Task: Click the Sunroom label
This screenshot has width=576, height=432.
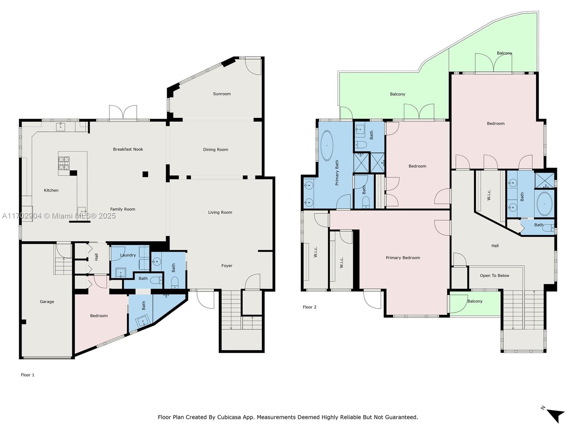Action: coord(222,94)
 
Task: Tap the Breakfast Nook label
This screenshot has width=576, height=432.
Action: coord(128,149)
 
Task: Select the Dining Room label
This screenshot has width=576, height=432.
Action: coord(215,149)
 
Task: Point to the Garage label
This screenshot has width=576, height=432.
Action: coord(47,302)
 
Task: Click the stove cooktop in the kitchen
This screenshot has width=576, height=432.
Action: coord(64,163)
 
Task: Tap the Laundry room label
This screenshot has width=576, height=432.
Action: coord(128,255)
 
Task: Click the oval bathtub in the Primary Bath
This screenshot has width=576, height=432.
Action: coord(327,145)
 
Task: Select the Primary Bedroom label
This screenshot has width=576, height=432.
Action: coord(403,257)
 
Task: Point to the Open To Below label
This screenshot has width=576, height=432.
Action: coord(494,275)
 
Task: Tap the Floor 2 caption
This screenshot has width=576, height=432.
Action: coord(309,307)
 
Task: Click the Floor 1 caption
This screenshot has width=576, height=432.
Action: coord(28,375)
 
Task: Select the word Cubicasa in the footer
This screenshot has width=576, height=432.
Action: coord(229,417)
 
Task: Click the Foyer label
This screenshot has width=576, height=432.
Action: coord(227,266)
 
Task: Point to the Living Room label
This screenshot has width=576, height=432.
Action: coord(220,212)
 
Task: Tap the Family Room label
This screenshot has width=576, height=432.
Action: coord(122,209)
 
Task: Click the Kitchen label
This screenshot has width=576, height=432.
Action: coord(51,190)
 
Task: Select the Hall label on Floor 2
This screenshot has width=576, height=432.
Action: coord(495,246)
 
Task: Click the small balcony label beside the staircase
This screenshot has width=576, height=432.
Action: coord(475,301)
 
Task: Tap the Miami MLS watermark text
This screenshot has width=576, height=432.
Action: coord(59,216)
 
